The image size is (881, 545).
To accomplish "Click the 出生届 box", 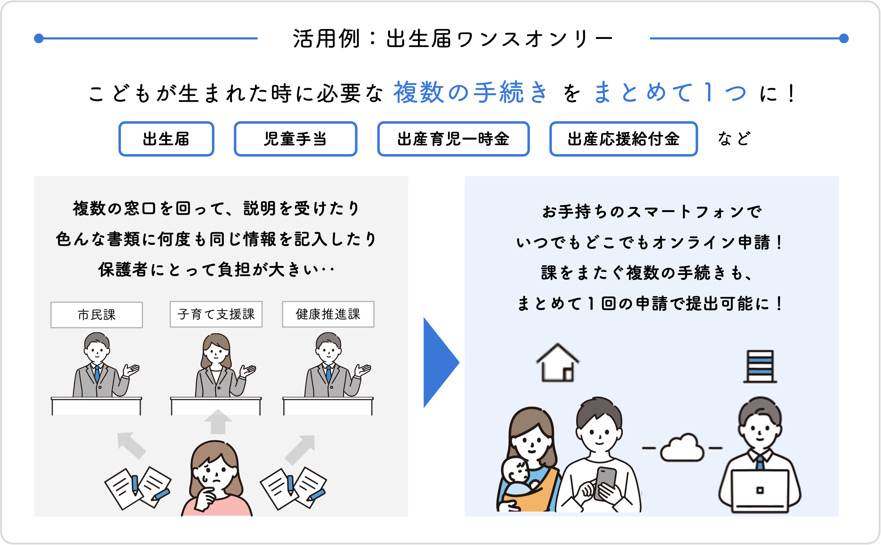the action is pyautogui.click(x=166, y=139).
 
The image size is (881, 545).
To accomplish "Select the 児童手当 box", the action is pyautogui.click(x=295, y=139).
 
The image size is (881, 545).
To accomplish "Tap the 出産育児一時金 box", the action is pyautogui.click(x=453, y=139).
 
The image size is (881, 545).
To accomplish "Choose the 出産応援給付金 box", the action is pyautogui.click(x=623, y=139).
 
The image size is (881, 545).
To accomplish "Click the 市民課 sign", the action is pyautogui.click(x=97, y=315).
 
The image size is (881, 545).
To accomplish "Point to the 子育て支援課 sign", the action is pyautogui.click(x=216, y=314).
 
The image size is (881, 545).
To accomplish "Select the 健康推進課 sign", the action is pyautogui.click(x=328, y=314).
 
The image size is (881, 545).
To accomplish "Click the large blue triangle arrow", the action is pyautogui.click(x=439, y=362).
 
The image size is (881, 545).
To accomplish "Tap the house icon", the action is pyautogui.click(x=557, y=363).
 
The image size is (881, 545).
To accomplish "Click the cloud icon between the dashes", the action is pyautogui.click(x=682, y=448).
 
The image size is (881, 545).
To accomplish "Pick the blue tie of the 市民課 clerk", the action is pyautogui.click(x=97, y=373).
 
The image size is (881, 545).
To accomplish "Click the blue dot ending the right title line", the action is pyautogui.click(x=844, y=38).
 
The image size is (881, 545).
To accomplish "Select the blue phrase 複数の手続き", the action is pyautogui.click(x=470, y=93).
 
